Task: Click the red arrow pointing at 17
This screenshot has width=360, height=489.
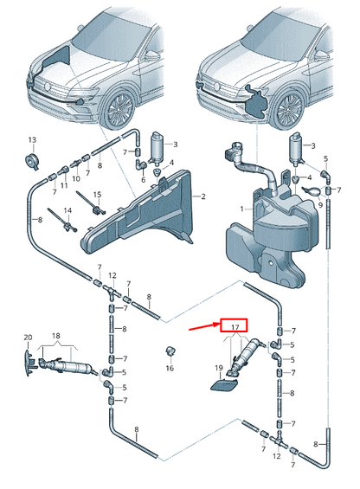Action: click(x=204, y=326)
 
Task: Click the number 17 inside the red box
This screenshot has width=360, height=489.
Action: click(x=235, y=327)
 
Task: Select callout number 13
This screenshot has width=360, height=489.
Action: click(x=32, y=140)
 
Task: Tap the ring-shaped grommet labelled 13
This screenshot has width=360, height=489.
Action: click(x=31, y=161)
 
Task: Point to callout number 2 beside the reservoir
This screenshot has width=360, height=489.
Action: click(x=203, y=196)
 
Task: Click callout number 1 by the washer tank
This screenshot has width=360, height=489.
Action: click(x=241, y=209)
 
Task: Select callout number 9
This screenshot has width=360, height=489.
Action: click(x=320, y=205)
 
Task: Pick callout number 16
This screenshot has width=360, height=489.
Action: click(x=170, y=369)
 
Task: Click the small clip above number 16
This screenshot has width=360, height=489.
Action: click(x=170, y=351)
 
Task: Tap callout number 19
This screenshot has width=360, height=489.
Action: click(x=219, y=368)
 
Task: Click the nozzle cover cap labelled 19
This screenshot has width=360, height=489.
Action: click(x=224, y=384)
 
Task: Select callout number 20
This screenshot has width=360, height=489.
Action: click(x=28, y=338)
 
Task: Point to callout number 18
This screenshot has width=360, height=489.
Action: click(x=56, y=336)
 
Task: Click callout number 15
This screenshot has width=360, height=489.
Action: click(x=97, y=195)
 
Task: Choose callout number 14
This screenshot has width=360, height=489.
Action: click(x=67, y=210)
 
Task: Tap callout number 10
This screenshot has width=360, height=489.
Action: click(x=76, y=178)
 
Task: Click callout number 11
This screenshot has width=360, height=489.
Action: click(x=64, y=185)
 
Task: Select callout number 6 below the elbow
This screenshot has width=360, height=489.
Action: click(x=143, y=180)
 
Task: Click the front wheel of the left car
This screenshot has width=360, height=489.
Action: click(x=119, y=109)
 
